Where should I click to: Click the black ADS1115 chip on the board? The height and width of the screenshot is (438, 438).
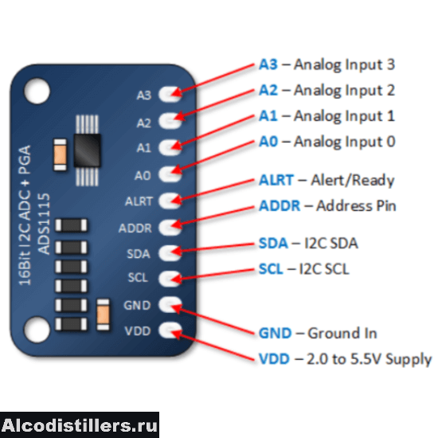tap(87, 151)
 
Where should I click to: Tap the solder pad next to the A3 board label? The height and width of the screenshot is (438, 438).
tap(170, 94)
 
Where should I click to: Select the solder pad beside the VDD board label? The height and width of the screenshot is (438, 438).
tap(170, 330)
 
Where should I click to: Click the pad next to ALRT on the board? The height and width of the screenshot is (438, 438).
tap(170, 201)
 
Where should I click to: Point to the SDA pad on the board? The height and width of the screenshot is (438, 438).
tap(170, 252)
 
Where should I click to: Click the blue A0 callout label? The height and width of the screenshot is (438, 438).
tap(268, 141)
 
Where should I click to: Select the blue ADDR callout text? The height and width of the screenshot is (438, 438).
tap(280, 206)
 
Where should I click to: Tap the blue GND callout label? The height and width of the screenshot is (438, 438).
tap(276, 333)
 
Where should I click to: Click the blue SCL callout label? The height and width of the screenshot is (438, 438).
tap(271, 269)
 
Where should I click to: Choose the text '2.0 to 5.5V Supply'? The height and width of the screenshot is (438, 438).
tap(369, 359)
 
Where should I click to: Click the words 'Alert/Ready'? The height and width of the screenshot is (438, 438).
tap(353, 180)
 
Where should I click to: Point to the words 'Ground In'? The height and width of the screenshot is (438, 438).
tap(342, 333)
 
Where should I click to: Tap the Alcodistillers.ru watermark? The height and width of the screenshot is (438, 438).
tap(80, 425)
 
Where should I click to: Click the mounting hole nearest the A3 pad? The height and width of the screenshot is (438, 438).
tap(37, 91)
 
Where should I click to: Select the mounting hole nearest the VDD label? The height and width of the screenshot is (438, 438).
tap(37, 330)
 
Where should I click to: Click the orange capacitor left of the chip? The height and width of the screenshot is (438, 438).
tap(60, 154)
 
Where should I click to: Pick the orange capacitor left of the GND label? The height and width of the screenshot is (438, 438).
tap(103, 315)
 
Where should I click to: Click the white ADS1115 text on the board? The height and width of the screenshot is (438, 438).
tap(44, 224)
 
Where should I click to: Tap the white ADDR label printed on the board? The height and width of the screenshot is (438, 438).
tap(135, 229)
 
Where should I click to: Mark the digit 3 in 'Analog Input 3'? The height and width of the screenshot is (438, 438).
tap(391, 65)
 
